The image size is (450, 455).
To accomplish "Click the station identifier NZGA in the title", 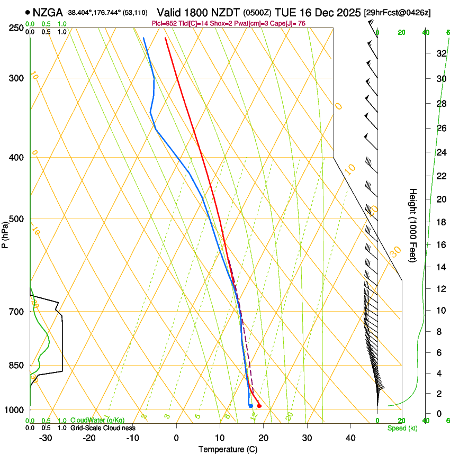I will (x=48, y=12).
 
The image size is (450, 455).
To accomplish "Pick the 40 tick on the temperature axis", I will (x=350, y=438).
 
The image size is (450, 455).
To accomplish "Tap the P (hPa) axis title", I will (x=5, y=233).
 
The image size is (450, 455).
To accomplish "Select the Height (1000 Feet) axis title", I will (x=413, y=225).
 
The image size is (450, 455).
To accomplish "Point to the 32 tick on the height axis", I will (x=440, y=53).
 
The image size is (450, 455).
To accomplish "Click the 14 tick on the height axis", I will (x=440, y=267).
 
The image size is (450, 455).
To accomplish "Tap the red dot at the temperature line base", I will (x=259, y=406).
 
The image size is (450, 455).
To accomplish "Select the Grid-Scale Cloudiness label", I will (x=103, y=427).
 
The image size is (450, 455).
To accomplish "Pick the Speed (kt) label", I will (x=402, y=428).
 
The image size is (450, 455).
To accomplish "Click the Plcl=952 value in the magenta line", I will (x=164, y=23).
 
